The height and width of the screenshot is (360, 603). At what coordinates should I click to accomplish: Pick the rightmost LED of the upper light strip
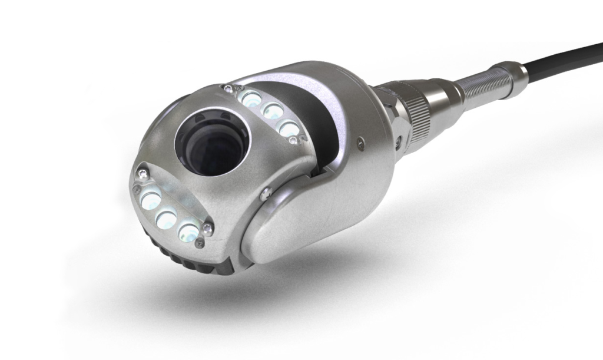pos(289,129)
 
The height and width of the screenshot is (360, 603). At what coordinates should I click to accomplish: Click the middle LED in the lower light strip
pos(167,220)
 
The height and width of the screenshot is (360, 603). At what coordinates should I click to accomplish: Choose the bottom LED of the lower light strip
pos(187,232)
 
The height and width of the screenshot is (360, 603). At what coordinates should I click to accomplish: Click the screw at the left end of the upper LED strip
pos(228,89)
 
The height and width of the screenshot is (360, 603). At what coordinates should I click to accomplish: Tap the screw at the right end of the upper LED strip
pos(303,139)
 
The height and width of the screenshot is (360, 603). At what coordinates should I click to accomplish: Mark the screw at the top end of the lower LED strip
pos(141,173)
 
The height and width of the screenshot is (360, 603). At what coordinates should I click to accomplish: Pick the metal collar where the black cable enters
pos(518,72)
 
